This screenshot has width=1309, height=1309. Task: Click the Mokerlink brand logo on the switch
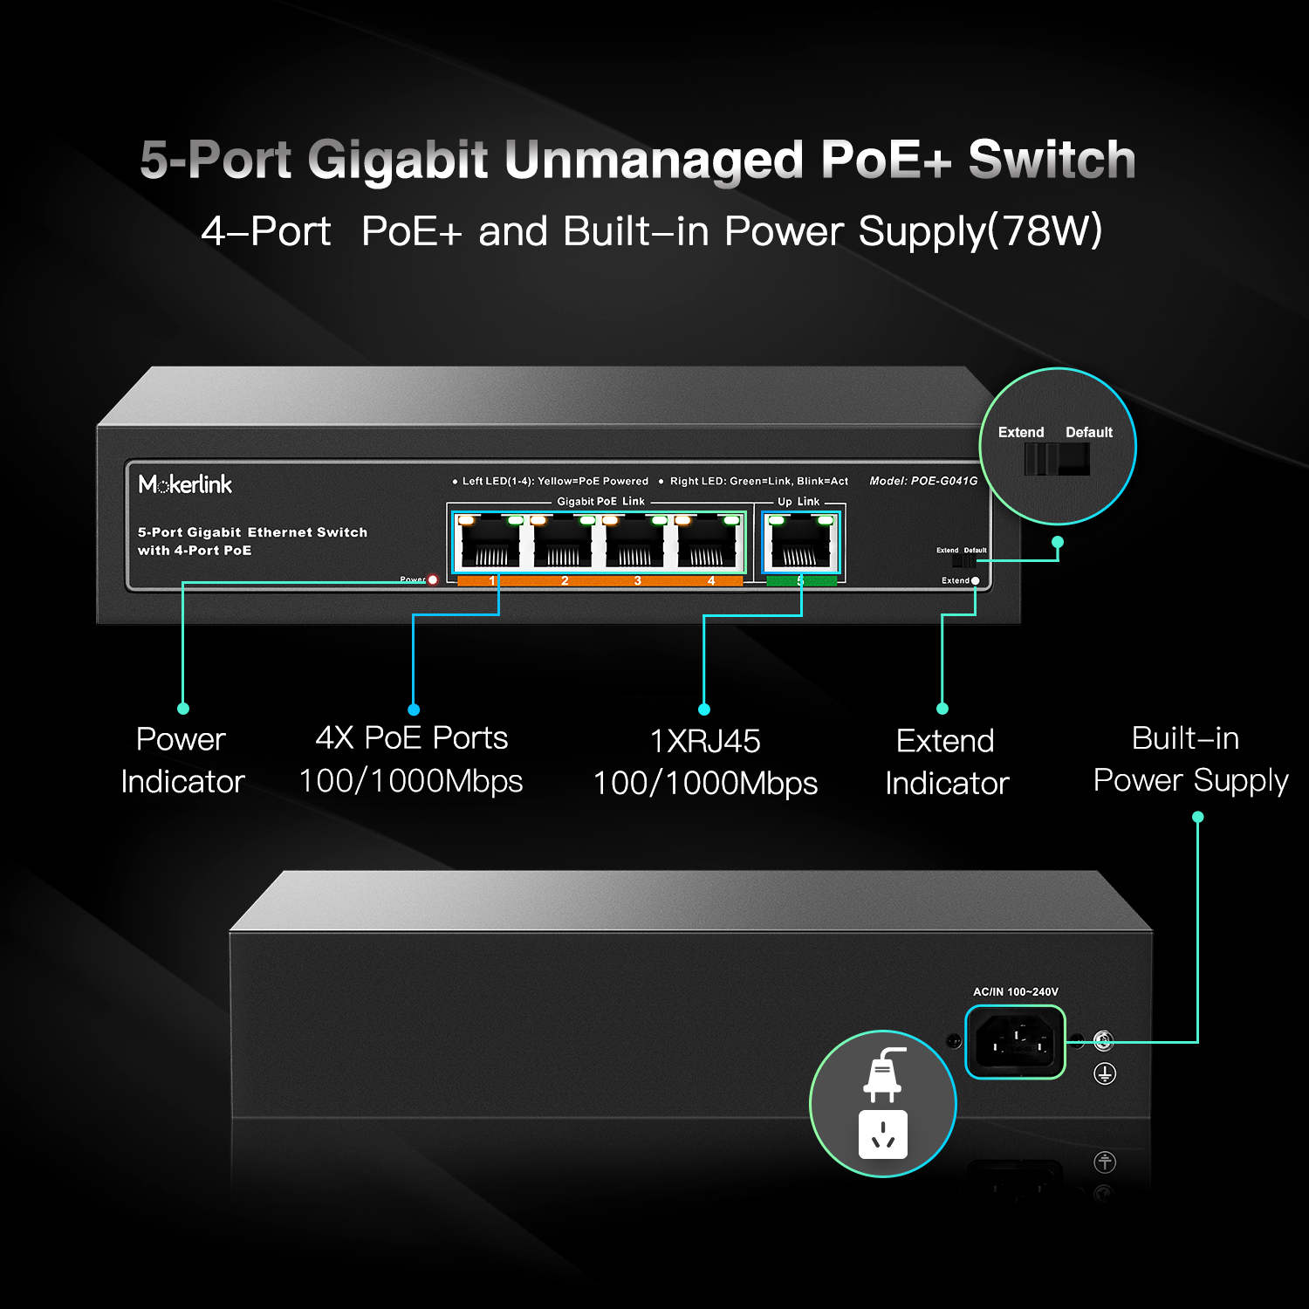point(185,484)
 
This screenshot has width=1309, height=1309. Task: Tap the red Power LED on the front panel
point(432,579)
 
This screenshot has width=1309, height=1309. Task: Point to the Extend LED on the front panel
point(975,580)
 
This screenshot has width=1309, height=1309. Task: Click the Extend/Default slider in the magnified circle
point(1057,458)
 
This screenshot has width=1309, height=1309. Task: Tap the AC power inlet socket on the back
point(1015,1042)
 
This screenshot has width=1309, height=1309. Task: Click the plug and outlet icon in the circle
point(883,1103)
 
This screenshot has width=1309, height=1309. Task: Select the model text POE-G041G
point(923,481)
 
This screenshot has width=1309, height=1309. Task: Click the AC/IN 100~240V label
point(1015,991)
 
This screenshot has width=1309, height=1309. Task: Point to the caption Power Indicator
point(182,760)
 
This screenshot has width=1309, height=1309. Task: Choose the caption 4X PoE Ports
point(411,738)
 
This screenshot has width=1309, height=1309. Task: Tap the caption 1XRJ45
point(705,741)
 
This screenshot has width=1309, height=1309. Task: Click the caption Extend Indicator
point(947,762)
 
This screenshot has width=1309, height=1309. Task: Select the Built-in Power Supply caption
point(1189,759)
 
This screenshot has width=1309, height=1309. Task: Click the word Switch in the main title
point(1052,160)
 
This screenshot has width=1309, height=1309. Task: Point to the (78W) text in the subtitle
point(1045,231)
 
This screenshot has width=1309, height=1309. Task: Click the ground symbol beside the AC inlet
point(1105,1073)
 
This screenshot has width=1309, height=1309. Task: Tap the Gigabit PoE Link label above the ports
point(600,502)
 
